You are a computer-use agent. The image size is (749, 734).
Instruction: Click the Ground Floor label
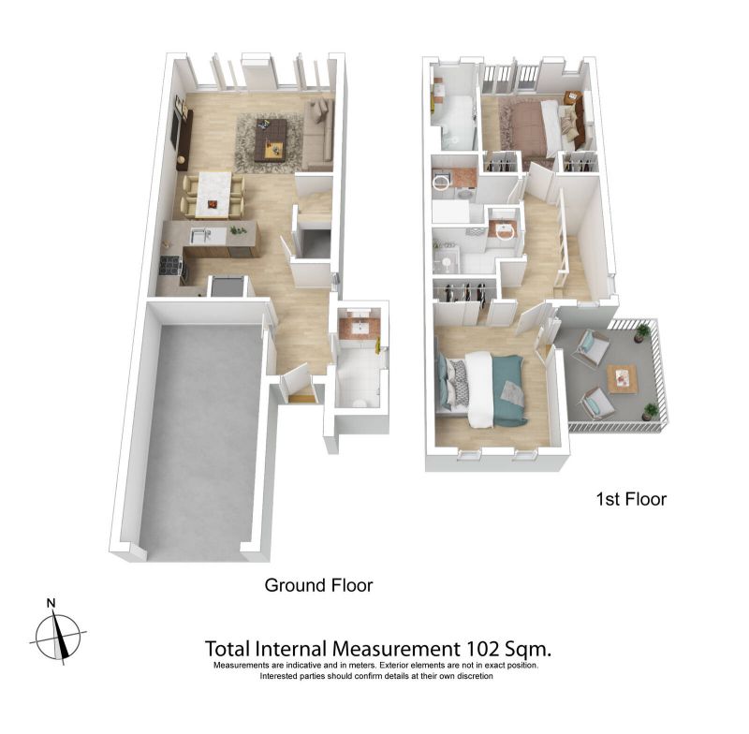coord(318,585)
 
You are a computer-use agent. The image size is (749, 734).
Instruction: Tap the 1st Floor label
coord(631,499)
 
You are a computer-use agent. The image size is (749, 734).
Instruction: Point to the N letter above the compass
coord(51,603)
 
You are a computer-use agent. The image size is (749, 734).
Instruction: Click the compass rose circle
coord(58,637)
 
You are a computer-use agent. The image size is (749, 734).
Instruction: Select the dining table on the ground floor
coord(214,194)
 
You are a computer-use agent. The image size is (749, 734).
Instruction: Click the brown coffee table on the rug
coord(271,139)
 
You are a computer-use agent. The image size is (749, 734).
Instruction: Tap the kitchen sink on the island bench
coord(200,235)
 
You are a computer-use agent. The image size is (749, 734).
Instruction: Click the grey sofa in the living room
coord(318,134)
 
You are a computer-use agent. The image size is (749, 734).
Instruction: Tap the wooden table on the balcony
coord(623,378)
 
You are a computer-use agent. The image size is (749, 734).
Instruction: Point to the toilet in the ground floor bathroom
coord(360,402)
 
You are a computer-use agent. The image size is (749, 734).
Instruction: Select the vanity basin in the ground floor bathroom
coord(360,328)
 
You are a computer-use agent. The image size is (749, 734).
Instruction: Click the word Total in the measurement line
coord(228,649)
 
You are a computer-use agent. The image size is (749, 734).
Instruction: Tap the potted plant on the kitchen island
coord(236,230)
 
